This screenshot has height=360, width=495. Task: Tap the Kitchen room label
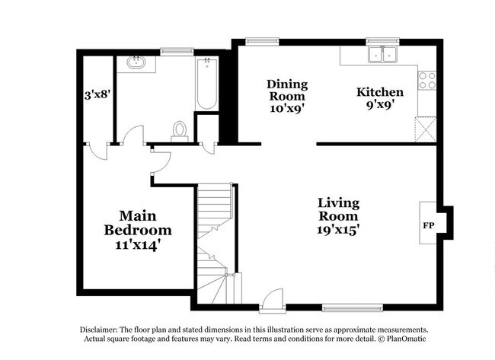[380, 92]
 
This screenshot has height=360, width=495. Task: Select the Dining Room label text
[286, 90]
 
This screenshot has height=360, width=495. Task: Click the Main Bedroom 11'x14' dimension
[138, 246]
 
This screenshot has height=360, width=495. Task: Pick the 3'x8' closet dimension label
[98, 94]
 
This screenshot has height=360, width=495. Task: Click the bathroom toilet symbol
[180, 132]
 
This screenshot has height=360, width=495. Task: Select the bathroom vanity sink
[138, 62]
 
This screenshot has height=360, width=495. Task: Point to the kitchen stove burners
[427, 80]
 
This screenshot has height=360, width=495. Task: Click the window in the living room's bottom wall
[342, 308]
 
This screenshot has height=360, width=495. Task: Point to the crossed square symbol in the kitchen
[425, 128]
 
